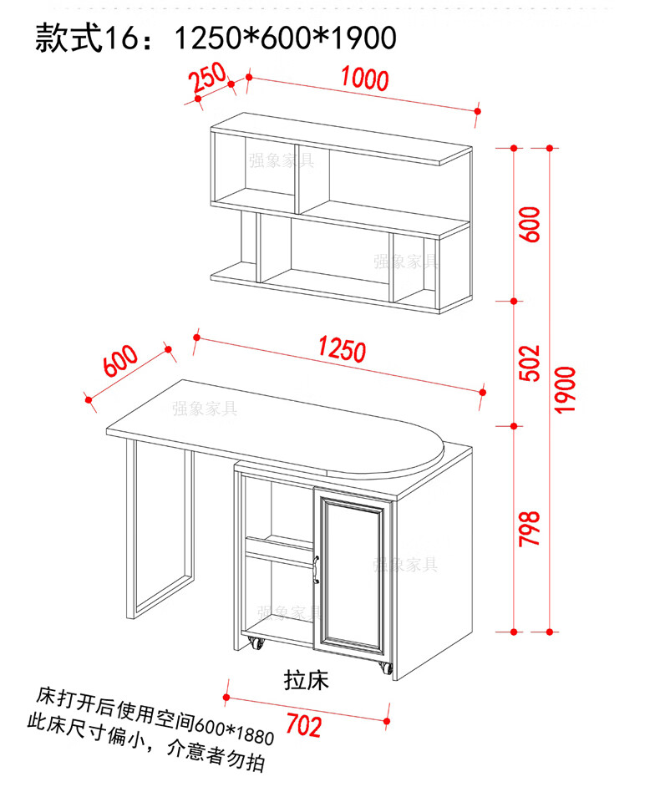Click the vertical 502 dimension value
coord(530,362)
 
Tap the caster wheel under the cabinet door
coord(385,668)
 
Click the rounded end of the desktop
coord(418,447)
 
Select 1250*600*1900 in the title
coord(284,38)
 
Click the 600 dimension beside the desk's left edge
coord(119,361)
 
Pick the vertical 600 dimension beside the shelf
coord(530,224)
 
